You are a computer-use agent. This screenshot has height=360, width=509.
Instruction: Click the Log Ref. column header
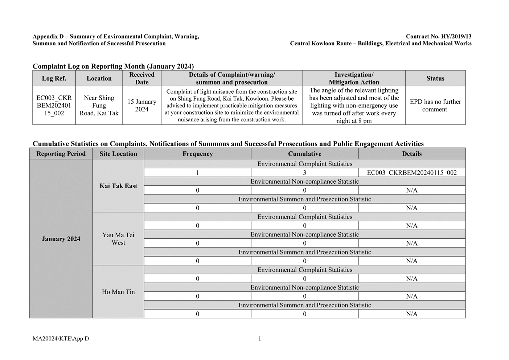[x=54, y=78]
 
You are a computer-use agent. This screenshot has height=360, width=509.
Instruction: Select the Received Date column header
[x=142, y=78]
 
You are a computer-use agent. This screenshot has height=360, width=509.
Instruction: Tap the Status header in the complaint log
[x=435, y=78]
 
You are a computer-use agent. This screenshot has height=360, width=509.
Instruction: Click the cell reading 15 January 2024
[x=142, y=106]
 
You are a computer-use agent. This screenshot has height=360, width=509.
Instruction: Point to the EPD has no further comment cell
[x=435, y=106]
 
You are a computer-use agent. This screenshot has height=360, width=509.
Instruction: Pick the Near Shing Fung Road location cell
[x=99, y=106]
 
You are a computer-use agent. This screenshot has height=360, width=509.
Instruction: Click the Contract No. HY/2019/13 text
[x=439, y=36]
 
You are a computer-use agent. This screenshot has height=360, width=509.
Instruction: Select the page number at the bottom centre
[x=260, y=339]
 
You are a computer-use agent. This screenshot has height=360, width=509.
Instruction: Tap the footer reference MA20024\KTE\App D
[x=61, y=339]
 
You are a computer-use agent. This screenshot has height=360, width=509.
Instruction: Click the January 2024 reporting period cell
[x=61, y=239]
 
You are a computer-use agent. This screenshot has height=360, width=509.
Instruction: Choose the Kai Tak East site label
[x=118, y=186]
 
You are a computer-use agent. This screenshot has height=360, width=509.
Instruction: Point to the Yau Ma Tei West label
[x=118, y=239]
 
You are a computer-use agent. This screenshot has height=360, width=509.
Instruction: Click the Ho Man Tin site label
[x=118, y=292]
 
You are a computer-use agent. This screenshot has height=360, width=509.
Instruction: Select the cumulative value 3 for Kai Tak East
[x=305, y=173]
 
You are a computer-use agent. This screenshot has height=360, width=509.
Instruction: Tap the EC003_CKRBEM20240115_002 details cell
[x=412, y=173]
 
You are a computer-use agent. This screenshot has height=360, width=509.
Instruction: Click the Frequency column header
[x=198, y=154]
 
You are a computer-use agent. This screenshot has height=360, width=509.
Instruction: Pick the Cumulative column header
[x=305, y=154]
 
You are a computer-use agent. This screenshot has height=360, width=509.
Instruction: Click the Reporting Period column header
[x=61, y=154]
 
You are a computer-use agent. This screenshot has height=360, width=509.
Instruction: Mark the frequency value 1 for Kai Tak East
[x=198, y=173]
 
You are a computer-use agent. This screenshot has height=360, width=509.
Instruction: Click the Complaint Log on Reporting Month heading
[x=113, y=66]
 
